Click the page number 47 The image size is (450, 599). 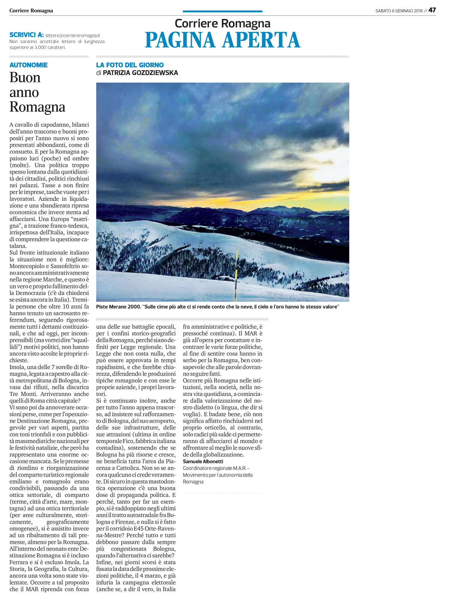[x=432, y=10]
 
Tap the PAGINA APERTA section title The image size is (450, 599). [x=223, y=40]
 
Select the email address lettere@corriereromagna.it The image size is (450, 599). [x=73, y=35]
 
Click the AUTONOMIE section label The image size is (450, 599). [x=28, y=65]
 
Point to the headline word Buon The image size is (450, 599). [x=25, y=78]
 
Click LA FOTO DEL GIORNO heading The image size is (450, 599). [x=130, y=65]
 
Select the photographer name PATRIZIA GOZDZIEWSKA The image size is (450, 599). [x=140, y=73]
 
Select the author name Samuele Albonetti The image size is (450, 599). [x=203, y=462]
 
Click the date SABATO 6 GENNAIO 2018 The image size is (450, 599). [x=399, y=11]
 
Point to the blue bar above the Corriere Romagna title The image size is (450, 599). [x=222, y=11]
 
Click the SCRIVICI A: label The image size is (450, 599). [x=26, y=35]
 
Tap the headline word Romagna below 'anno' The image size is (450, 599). [x=37, y=107]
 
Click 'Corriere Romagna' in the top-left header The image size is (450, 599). [x=31, y=11]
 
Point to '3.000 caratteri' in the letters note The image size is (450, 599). [x=50, y=47]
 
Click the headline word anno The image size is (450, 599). [x=24, y=92]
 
